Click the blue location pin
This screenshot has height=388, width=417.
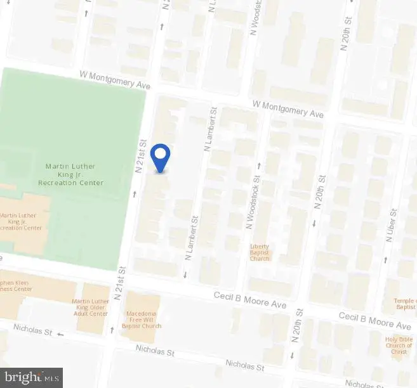point(162,157)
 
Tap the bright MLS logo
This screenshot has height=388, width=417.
point(32,378)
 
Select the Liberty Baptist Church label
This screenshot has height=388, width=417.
point(260,252)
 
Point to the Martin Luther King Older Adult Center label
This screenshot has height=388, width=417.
point(90,307)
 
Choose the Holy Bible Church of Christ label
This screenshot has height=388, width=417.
point(399,346)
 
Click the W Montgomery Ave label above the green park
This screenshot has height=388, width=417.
point(114,80)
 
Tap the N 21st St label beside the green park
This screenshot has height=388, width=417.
point(140,157)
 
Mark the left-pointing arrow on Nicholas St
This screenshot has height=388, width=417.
point(61,333)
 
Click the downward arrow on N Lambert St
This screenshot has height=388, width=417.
point(185,275)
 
